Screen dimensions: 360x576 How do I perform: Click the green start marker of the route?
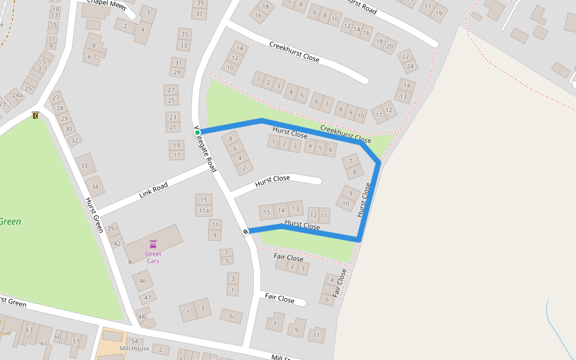pyautogui.click(x=197, y=132)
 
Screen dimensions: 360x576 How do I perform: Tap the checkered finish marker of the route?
pyautogui.click(x=245, y=232)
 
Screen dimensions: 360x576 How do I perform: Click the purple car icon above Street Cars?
pyautogui.click(x=153, y=244)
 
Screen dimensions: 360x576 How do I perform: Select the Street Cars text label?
pyautogui.click(x=153, y=257)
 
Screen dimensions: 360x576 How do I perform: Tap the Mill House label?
pyautogui.click(x=134, y=349)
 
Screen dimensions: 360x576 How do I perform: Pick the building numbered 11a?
pyautogui.click(x=204, y=211)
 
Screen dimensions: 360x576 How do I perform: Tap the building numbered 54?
pyautogui.click(x=134, y=341)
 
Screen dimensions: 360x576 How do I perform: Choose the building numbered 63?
pyautogui.click(x=29, y=330)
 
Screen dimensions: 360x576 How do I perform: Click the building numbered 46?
pyautogui.click(x=143, y=281)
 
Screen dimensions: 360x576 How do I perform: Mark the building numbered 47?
pyautogui.click(x=148, y=298)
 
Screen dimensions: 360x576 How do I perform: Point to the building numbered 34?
pyautogui.click(x=95, y=187)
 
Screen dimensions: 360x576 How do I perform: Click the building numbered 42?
pyautogui.click(x=117, y=244)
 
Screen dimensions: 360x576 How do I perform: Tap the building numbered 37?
pyautogui.click(x=200, y=13)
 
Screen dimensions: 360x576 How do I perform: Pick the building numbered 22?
pyautogui.click(x=406, y=56)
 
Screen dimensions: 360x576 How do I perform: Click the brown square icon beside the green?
pyautogui.click(x=35, y=115)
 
